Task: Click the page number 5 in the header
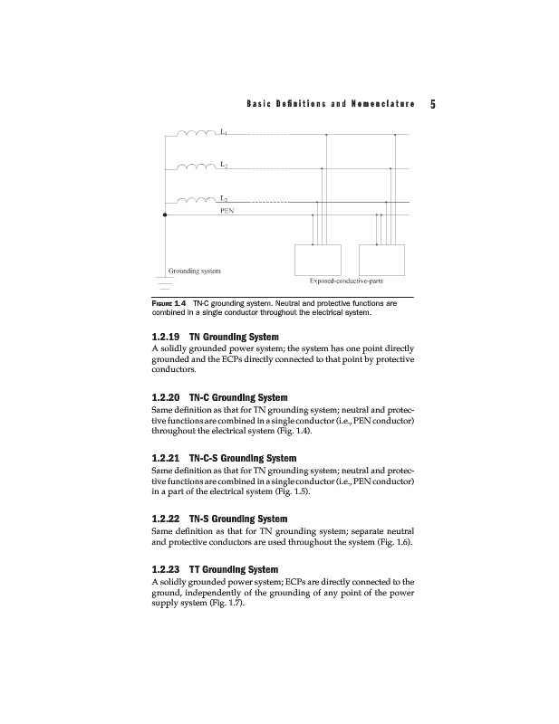(434, 104)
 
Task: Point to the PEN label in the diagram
(229, 209)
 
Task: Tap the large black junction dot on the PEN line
(165, 215)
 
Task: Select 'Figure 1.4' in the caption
(169, 304)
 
